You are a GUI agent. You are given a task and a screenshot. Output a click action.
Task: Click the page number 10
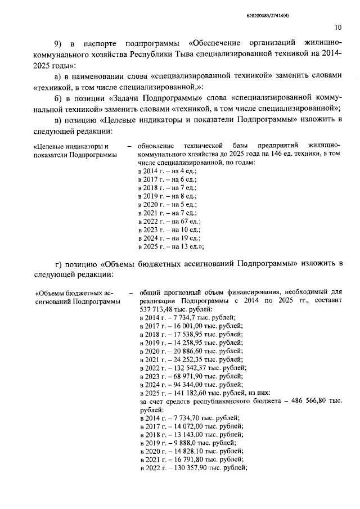(x=337, y=26)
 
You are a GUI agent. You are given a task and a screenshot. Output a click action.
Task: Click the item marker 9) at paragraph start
(x=58, y=43)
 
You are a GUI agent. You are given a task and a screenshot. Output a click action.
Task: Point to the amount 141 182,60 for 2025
(x=189, y=393)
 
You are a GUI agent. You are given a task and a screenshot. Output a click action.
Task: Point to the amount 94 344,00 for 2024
(x=187, y=385)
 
